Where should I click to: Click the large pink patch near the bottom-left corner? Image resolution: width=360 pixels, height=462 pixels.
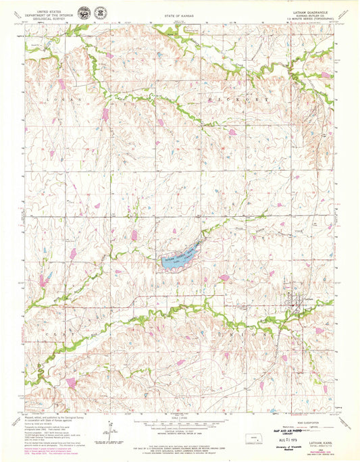(x=70, y=382)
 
